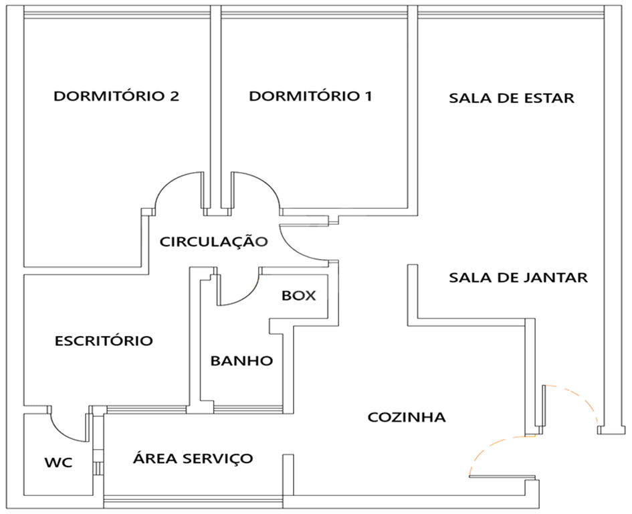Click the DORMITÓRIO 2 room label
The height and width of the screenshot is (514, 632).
(116, 96)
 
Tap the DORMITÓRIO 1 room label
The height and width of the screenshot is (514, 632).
(310, 96)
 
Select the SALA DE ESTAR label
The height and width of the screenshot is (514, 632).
(512, 98)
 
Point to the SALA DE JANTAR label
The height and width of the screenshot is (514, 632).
(518, 278)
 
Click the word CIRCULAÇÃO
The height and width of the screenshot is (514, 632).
(213, 241)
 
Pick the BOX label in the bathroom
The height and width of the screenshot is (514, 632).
(299, 296)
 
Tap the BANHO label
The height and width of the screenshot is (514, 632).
(242, 360)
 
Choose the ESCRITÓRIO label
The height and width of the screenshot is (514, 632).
(104, 341)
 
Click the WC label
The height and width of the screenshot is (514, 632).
(58, 462)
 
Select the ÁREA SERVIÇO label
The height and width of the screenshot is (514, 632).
(193, 458)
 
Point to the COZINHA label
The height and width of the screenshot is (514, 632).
(407, 417)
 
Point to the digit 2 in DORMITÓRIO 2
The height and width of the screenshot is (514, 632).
(174, 96)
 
